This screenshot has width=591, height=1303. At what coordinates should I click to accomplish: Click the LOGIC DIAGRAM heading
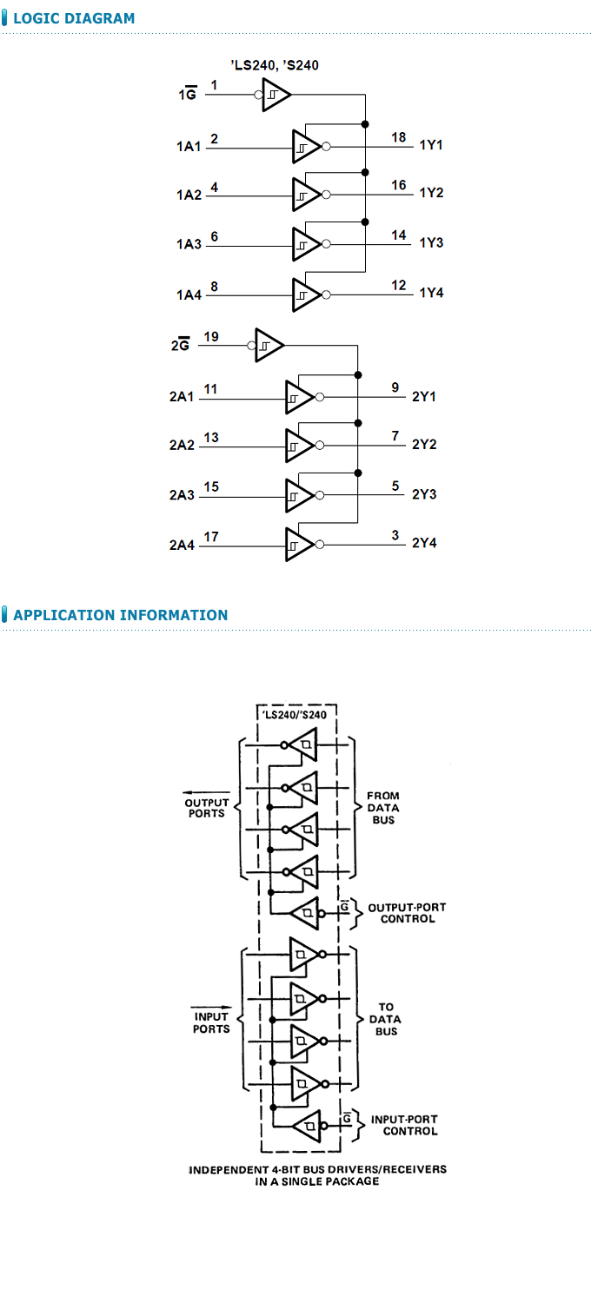(x=74, y=18)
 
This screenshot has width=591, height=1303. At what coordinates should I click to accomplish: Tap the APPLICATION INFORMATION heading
(x=120, y=615)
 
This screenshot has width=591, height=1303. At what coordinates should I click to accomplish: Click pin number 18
(x=399, y=137)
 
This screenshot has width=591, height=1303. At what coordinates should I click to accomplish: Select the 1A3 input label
(x=189, y=244)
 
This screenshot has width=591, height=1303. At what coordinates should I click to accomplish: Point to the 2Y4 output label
(x=424, y=543)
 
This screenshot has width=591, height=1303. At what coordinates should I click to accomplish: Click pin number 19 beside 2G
(x=211, y=336)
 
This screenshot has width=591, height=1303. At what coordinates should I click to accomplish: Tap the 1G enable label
(x=188, y=95)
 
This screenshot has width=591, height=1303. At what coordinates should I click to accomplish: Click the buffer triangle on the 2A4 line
(x=298, y=544)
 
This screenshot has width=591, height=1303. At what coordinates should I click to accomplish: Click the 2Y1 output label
(x=424, y=397)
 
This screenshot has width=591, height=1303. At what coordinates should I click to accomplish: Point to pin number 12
(x=399, y=285)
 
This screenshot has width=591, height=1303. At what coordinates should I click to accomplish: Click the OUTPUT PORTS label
(x=207, y=808)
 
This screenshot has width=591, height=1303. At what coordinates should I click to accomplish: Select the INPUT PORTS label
(x=210, y=1022)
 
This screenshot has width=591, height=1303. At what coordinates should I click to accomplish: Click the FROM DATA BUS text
(x=383, y=808)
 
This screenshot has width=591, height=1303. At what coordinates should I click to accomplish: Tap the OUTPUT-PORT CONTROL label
(x=407, y=913)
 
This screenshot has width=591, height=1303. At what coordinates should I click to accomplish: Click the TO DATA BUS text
(x=385, y=1020)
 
